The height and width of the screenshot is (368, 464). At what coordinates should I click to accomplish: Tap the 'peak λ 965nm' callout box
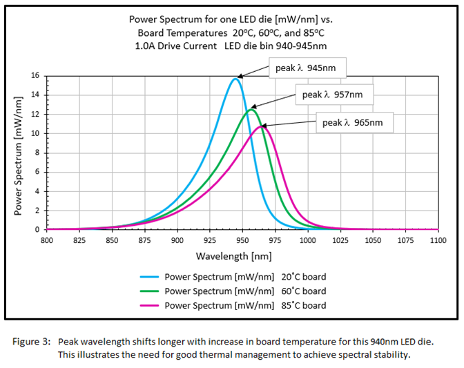point(354,124)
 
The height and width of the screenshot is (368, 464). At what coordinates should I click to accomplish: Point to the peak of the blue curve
point(235,79)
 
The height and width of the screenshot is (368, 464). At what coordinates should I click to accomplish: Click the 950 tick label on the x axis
point(242,240)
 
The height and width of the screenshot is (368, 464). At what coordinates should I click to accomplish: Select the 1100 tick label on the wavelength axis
point(438,240)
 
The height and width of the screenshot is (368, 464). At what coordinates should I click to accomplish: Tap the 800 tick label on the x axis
point(47,240)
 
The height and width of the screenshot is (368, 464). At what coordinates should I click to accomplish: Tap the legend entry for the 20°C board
point(245,277)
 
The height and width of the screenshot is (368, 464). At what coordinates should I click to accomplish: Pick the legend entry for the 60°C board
point(245,291)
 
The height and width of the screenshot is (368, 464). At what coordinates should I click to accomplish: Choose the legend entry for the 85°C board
point(245,305)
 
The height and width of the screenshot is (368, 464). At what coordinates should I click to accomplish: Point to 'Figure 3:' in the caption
point(32,341)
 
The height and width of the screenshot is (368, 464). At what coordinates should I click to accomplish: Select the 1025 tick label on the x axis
point(340,240)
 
